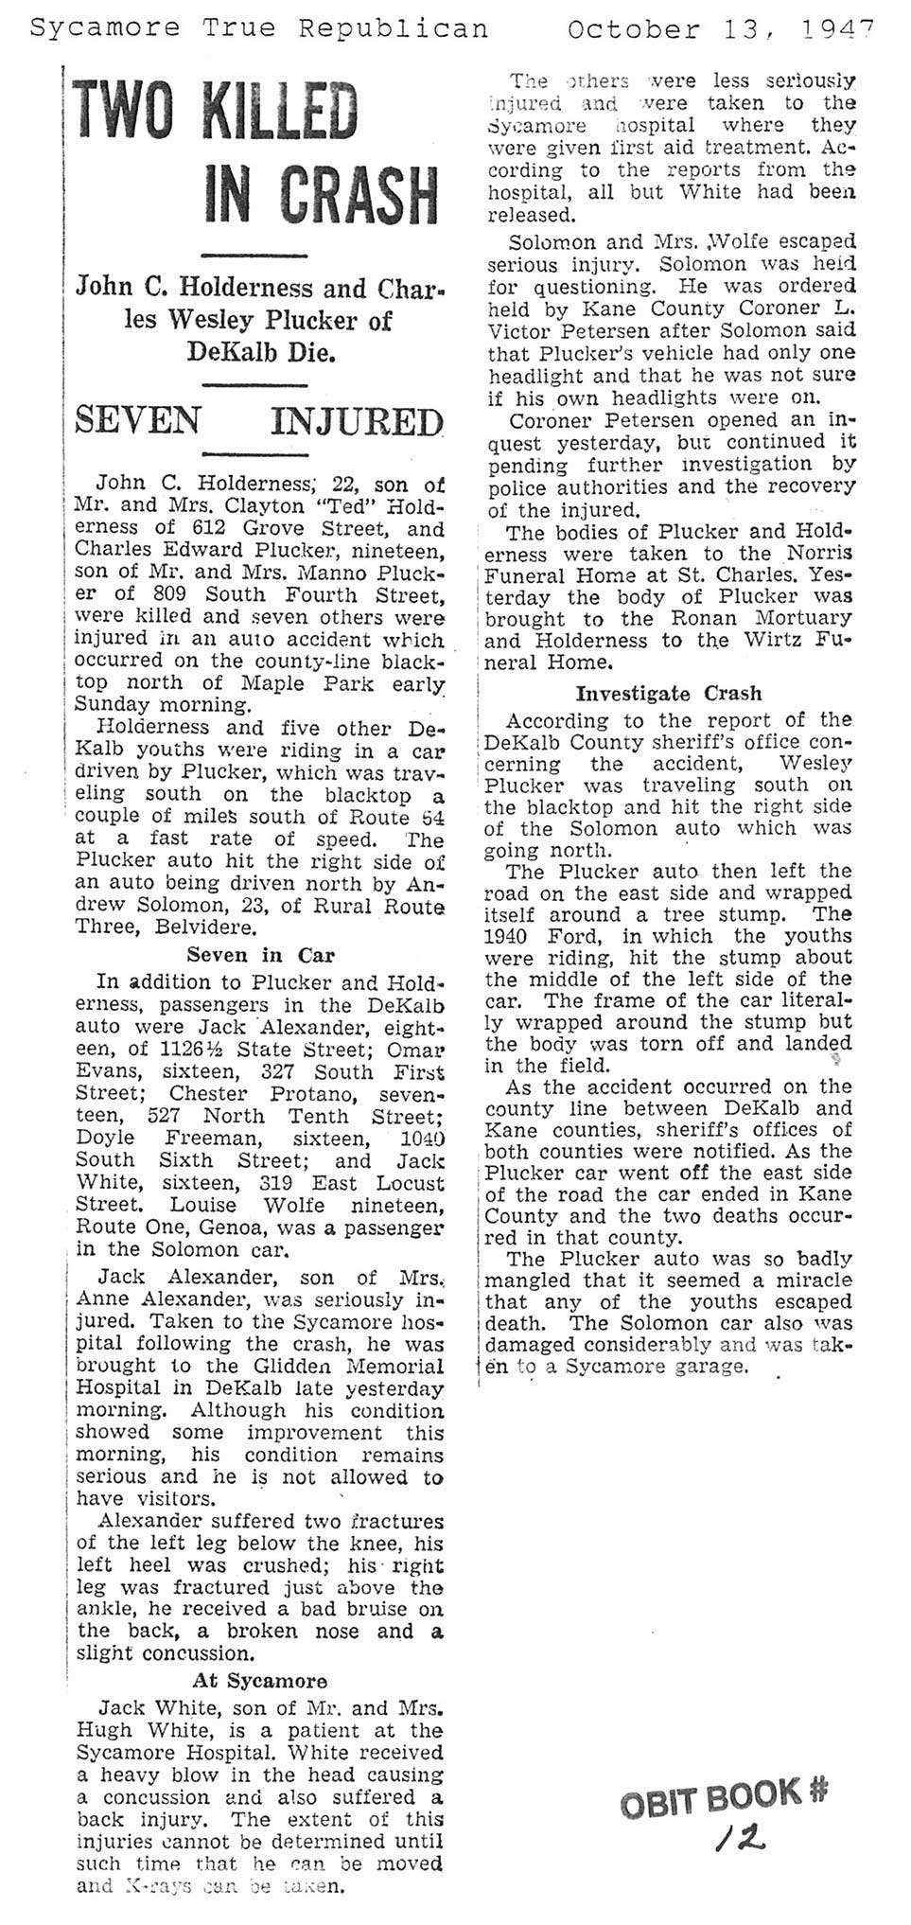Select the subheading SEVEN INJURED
coord(258,420)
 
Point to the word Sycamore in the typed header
coord(89,29)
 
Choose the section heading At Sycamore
coord(260,1680)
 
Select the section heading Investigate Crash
coord(670,693)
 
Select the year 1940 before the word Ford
coord(510,936)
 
